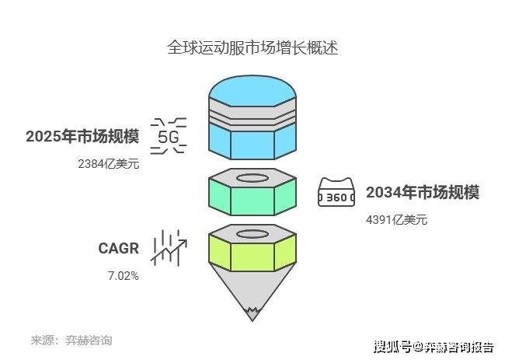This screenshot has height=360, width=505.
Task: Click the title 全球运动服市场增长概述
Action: point(252,47)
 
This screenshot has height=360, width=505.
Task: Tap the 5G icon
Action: point(169,137)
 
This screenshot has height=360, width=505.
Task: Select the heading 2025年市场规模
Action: point(82,138)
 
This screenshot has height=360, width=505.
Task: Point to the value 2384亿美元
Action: point(108,164)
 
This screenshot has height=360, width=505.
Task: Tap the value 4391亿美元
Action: point(396,220)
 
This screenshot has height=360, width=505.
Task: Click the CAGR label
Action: point(118,249)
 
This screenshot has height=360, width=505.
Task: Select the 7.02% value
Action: point(123,275)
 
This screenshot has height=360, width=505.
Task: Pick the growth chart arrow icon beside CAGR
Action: point(169,246)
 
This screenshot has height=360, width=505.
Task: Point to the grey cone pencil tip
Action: point(252,296)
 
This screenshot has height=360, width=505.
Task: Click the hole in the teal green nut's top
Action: point(252,178)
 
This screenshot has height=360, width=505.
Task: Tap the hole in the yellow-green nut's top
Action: point(252,233)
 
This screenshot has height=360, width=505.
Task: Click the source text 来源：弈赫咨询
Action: point(71,341)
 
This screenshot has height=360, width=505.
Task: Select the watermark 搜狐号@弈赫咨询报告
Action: point(434,345)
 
